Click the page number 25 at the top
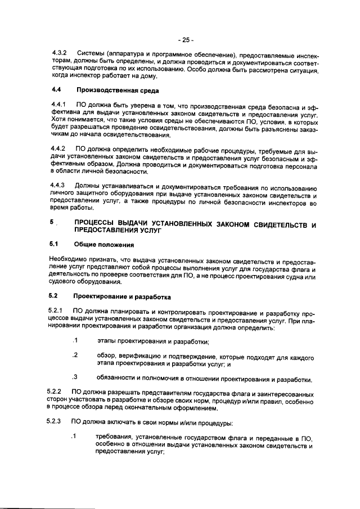[x=185, y=40]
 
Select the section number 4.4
[x=56, y=90]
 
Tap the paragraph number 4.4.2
[x=58, y=149]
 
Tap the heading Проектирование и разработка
[x=123, y=296]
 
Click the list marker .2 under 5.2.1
[x=74, y=355]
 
